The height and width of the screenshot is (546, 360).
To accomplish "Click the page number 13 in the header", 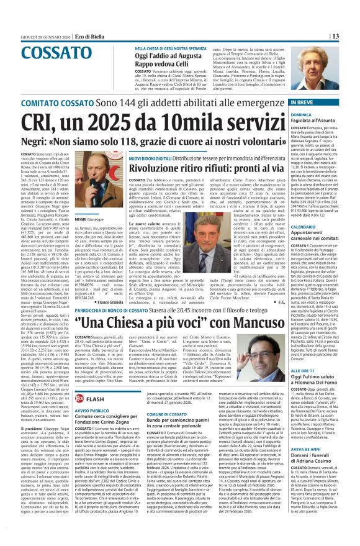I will (x=351, y=36).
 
